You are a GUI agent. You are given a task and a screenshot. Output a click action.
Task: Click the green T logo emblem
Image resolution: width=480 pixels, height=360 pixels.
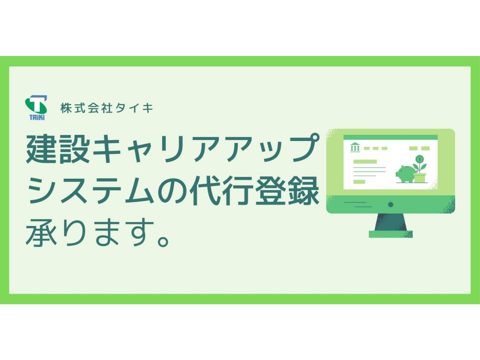36,105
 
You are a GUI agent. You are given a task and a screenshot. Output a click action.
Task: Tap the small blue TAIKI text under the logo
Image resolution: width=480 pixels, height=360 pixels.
37,117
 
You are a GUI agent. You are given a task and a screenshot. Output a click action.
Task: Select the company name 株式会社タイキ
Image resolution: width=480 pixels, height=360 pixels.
107,108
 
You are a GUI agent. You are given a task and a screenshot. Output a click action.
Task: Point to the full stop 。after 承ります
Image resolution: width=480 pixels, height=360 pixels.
163,240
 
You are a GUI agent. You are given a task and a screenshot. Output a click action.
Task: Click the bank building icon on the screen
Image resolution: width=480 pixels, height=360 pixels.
355,147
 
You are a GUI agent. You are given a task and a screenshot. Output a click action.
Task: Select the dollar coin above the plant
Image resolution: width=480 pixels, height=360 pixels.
420,159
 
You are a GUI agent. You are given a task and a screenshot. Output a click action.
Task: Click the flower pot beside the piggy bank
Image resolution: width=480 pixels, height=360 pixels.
420,177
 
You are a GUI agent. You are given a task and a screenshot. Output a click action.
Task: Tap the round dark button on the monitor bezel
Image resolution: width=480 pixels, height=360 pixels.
390,204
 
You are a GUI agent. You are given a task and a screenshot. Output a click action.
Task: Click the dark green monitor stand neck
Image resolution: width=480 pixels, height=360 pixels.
391,222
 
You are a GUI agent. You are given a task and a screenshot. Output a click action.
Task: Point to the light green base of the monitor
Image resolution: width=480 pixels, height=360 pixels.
391,234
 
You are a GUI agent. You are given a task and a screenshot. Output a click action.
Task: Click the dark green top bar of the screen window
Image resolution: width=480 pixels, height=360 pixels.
390,137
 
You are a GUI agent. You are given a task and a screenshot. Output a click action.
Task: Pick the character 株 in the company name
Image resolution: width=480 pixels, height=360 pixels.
66,108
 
